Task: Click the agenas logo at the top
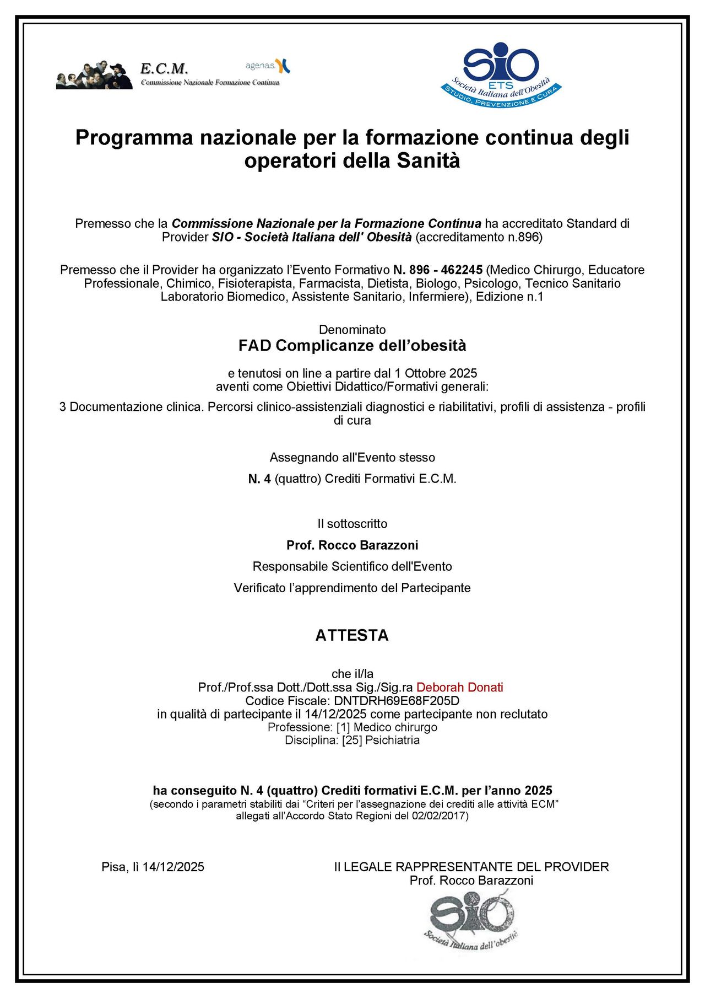point(268,66)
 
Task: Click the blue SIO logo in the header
point(501,74)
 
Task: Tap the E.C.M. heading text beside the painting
point(164,69)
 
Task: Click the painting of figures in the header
point(94,76)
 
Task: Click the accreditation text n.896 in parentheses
point(479,237)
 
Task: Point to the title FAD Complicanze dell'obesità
point(352,346)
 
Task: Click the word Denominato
point(352,330)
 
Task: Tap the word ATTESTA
point(352,635)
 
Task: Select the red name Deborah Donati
point(459,688)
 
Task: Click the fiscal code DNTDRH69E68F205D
point(397,701)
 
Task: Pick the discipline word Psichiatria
point(392,741)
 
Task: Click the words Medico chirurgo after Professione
point(395,727)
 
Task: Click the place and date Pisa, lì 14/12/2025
point(153,867)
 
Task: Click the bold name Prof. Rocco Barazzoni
point(352,545)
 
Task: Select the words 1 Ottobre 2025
point(436,373)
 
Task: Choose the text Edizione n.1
point(509,297)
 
